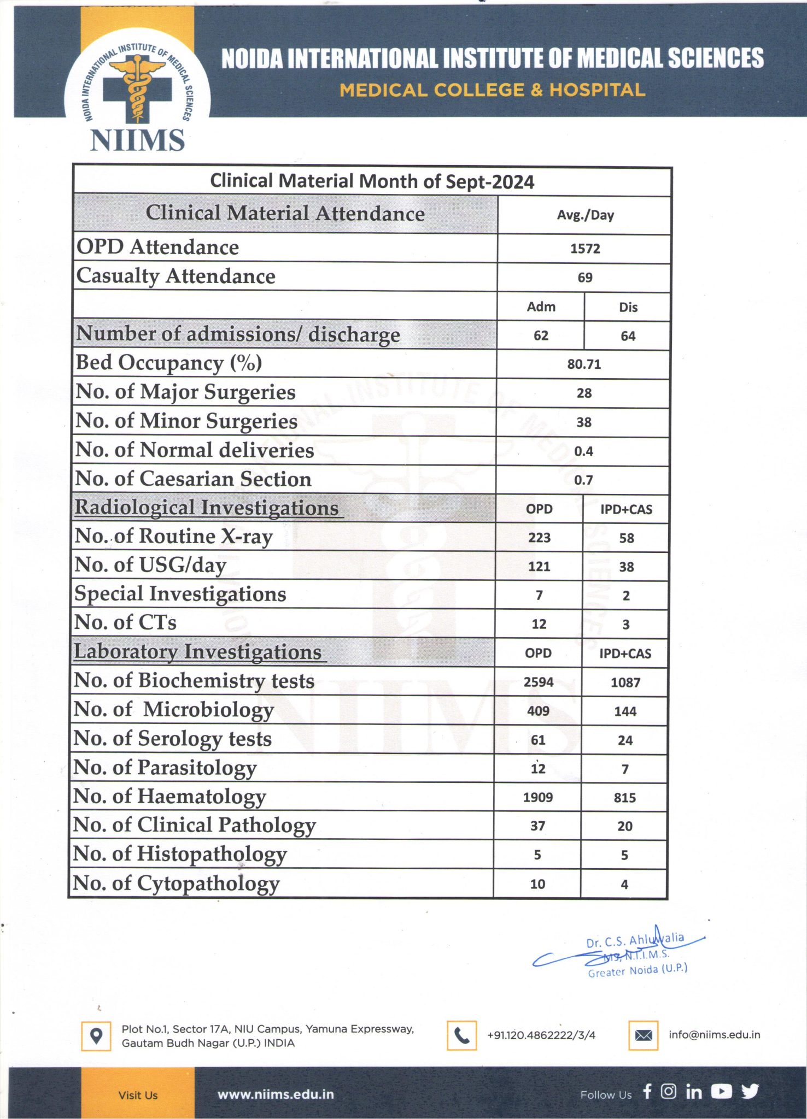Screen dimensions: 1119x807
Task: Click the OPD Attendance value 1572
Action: (585, 249)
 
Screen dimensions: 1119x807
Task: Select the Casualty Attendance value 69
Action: (585, 278)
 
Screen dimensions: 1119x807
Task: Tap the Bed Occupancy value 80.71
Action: (584, 364)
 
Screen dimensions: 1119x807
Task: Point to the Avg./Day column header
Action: (585, 215)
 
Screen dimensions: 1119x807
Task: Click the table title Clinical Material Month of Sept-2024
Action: (372, 181)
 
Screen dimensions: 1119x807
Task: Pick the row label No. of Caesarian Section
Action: (193, 479)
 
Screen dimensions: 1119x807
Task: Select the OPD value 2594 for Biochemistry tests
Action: (539, 682)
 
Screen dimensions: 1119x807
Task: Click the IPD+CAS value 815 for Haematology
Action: (624, 798)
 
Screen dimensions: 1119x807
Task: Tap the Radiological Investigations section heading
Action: (207, 508)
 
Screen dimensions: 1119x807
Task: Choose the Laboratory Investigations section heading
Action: (198, 652)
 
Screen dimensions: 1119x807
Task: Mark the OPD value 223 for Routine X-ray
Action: (539, 538)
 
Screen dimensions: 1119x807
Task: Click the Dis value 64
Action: (628, 336)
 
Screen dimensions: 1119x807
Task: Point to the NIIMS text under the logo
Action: (137, 140)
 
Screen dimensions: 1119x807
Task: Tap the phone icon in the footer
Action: (461, 1035)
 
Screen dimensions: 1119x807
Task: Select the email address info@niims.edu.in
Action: (714, 1035)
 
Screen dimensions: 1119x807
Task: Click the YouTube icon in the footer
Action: (722, 1092)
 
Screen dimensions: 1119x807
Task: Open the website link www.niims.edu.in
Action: (276, 1094)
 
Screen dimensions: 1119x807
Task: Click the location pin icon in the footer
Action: (96, 1036)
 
